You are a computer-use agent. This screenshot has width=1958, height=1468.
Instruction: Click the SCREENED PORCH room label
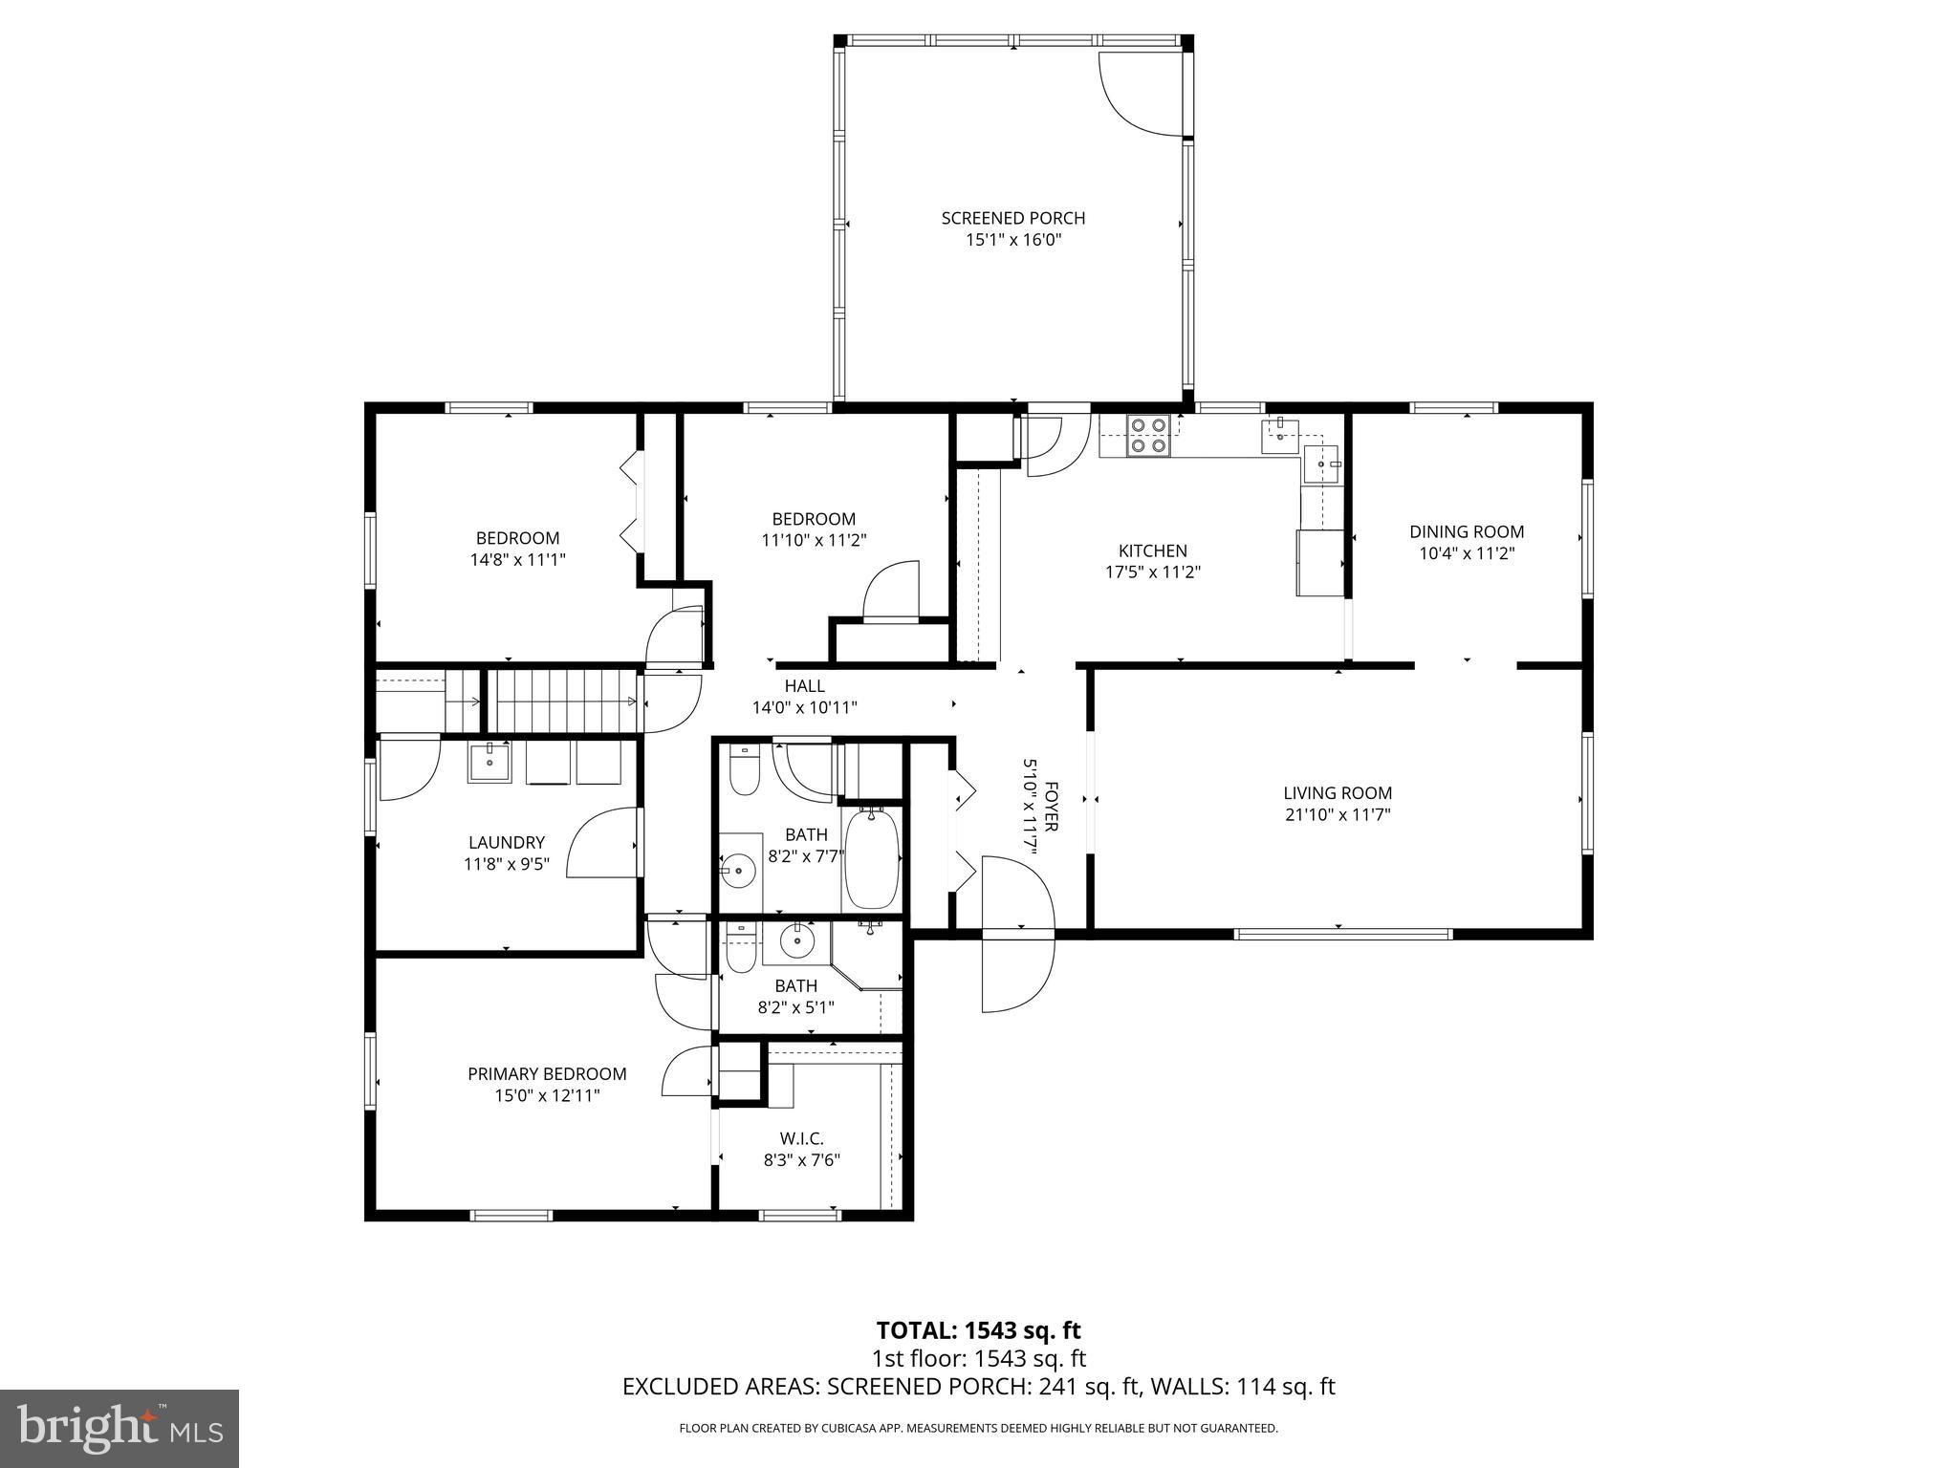coord(1012,218)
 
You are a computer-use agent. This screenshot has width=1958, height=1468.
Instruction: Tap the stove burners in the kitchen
coord(1147,435)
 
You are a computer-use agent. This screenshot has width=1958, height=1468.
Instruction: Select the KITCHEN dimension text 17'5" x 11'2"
coord(1152,572)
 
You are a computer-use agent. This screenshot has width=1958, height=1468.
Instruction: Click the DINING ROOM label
coord(1466,531)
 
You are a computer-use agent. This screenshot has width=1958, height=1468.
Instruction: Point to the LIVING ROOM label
coord(1337,792)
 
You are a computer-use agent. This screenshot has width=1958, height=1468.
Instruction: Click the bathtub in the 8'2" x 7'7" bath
coord(871,858)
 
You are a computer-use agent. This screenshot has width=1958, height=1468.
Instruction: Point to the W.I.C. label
coord(800,1137)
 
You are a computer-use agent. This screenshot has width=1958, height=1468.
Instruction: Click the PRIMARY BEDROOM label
coord(547,1074)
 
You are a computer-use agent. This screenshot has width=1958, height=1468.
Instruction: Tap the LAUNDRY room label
coord(506,842)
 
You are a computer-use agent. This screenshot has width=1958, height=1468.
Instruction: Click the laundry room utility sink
coord(489,764)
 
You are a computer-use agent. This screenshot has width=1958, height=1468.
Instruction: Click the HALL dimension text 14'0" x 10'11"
coord(804,708)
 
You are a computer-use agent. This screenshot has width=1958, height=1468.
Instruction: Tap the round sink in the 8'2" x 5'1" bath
coord(796,942)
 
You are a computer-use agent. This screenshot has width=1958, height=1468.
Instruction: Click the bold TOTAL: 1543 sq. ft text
coord(978,1329)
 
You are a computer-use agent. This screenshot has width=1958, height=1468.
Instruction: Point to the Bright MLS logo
coord(119,1427)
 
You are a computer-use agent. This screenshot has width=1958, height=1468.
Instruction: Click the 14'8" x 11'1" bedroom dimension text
coord(517,560)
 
